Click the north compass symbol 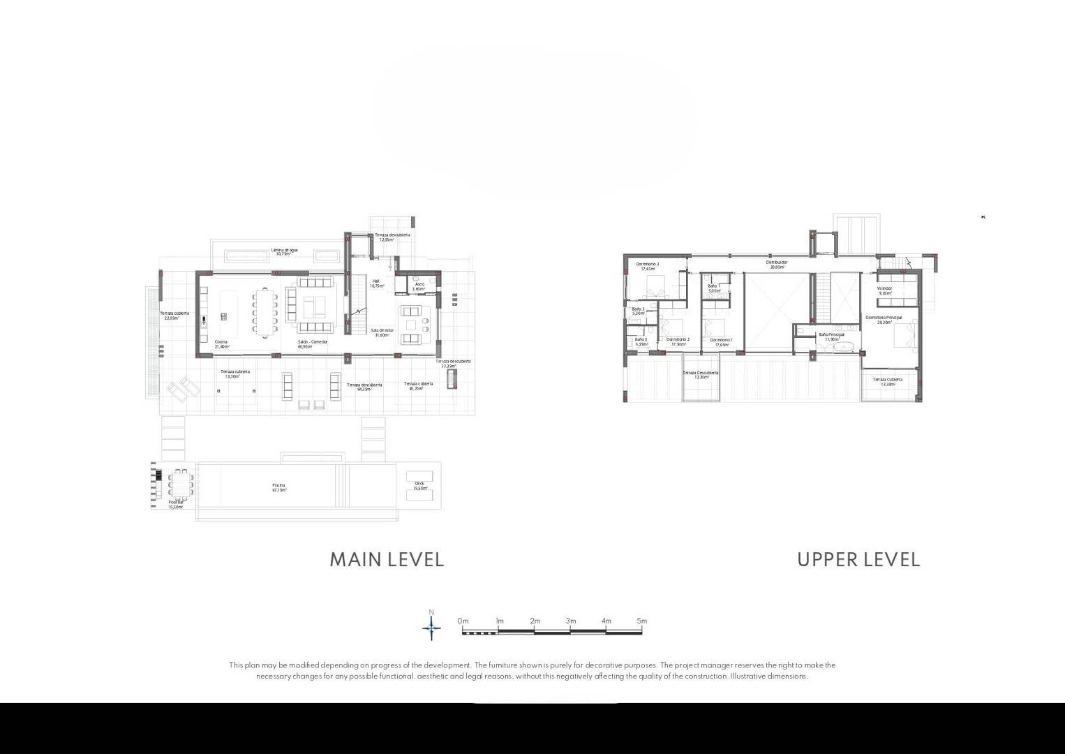pos(431,628)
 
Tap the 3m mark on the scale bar pos(570,621)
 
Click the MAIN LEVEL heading pos(387,560)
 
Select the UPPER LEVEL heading pos(858,560)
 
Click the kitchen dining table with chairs pos(265,312)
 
